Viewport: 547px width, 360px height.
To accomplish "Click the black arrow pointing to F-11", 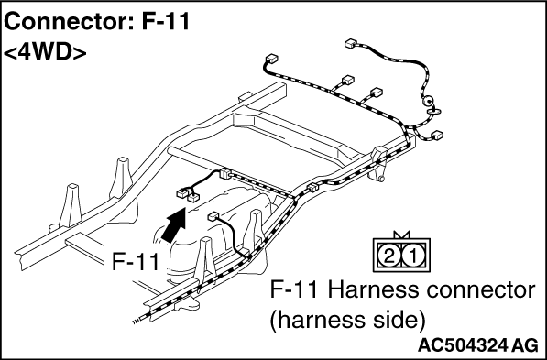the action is (x=174, y=224).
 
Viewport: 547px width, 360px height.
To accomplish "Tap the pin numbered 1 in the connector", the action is (x=413, y=256).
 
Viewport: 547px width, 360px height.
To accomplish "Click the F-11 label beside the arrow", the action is (x=136, y=261).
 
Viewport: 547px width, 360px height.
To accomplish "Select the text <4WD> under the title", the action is (x=45, y=52).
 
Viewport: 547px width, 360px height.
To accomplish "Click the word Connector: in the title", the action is (x=69, y=22).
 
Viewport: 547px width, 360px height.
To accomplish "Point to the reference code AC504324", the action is (x=463, y=345).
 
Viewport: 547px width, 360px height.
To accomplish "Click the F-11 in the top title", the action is (x=165, y=22).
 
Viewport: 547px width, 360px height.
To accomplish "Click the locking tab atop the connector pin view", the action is (x=401, y=235).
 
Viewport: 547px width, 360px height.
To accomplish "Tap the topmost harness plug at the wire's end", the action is (x=350, y=44).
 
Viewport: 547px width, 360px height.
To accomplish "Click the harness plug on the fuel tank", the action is (x=213, y=217).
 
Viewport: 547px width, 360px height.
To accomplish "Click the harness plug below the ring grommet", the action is (x=437, y=135).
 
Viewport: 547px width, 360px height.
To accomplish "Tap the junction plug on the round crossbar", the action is (x=225, y=174).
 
